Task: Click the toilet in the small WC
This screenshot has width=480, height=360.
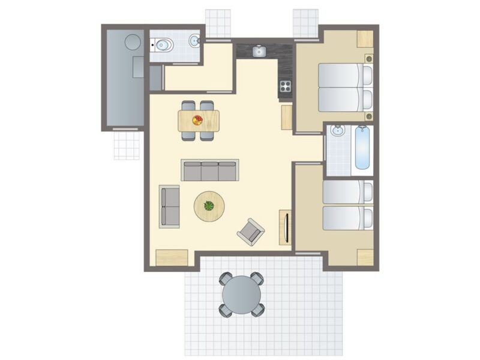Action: click(x=163, y=44)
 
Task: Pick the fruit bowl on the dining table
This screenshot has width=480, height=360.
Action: click(x=197, y=120)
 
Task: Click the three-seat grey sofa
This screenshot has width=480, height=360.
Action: click(x=210, y=170)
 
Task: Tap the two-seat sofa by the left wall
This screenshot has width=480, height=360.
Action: click(x=169, y=206)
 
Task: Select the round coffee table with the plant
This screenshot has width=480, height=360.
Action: click(x=209, y=206)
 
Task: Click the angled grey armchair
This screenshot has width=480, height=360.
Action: click(x=250, y=231)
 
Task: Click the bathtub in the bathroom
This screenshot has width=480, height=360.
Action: click(x=362, y=148)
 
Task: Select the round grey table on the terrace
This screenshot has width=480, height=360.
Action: click(x=242, y=294)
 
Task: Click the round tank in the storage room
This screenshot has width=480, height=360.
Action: click(x=132, y=42)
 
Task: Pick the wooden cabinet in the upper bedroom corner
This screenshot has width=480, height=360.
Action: click(x=365, y=38)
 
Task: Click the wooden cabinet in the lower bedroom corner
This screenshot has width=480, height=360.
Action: click(x=365, y=256)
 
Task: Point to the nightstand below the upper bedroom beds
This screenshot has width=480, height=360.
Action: click(x=368, y=115)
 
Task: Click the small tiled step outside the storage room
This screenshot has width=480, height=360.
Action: click(x=127, y=145)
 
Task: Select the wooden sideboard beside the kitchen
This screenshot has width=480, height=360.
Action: click(x=286, y=117)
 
